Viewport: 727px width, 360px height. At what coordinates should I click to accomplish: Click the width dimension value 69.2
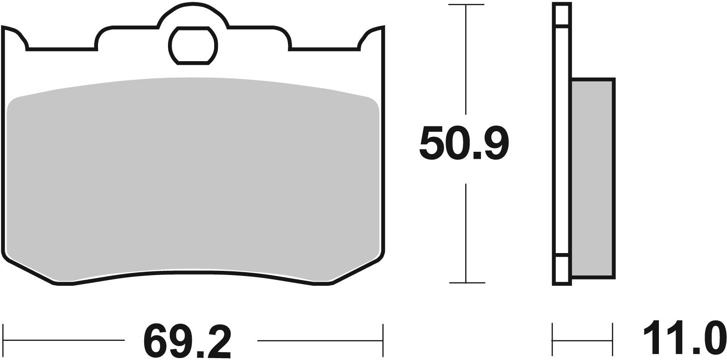click(191, 339)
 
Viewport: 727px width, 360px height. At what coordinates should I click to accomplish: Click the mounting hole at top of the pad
click(193, 45)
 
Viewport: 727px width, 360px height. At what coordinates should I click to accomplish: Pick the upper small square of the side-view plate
click(561, 14)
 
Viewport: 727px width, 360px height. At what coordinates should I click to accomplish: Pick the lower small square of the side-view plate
click(561, 269)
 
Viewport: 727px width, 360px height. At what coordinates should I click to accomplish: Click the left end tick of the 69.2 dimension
click(3, 339)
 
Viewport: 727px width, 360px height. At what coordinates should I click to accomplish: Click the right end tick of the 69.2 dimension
click(383, 339)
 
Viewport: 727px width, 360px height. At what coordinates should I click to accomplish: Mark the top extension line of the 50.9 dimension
click(466, 5)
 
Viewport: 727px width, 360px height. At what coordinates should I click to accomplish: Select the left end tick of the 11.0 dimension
click(552, 339)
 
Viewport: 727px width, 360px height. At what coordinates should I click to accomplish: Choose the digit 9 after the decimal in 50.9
click(496, 143)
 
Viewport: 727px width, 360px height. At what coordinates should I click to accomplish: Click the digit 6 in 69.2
click(157, 339)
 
